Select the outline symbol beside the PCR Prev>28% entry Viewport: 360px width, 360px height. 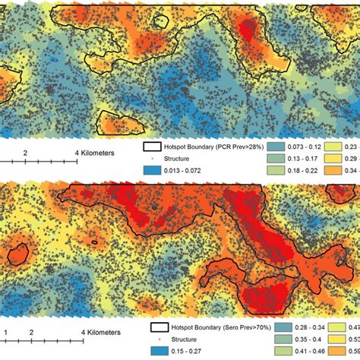(154, 148)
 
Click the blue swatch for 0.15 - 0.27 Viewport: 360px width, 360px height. (158, 352)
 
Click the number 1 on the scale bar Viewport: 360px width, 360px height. (6, 333)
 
